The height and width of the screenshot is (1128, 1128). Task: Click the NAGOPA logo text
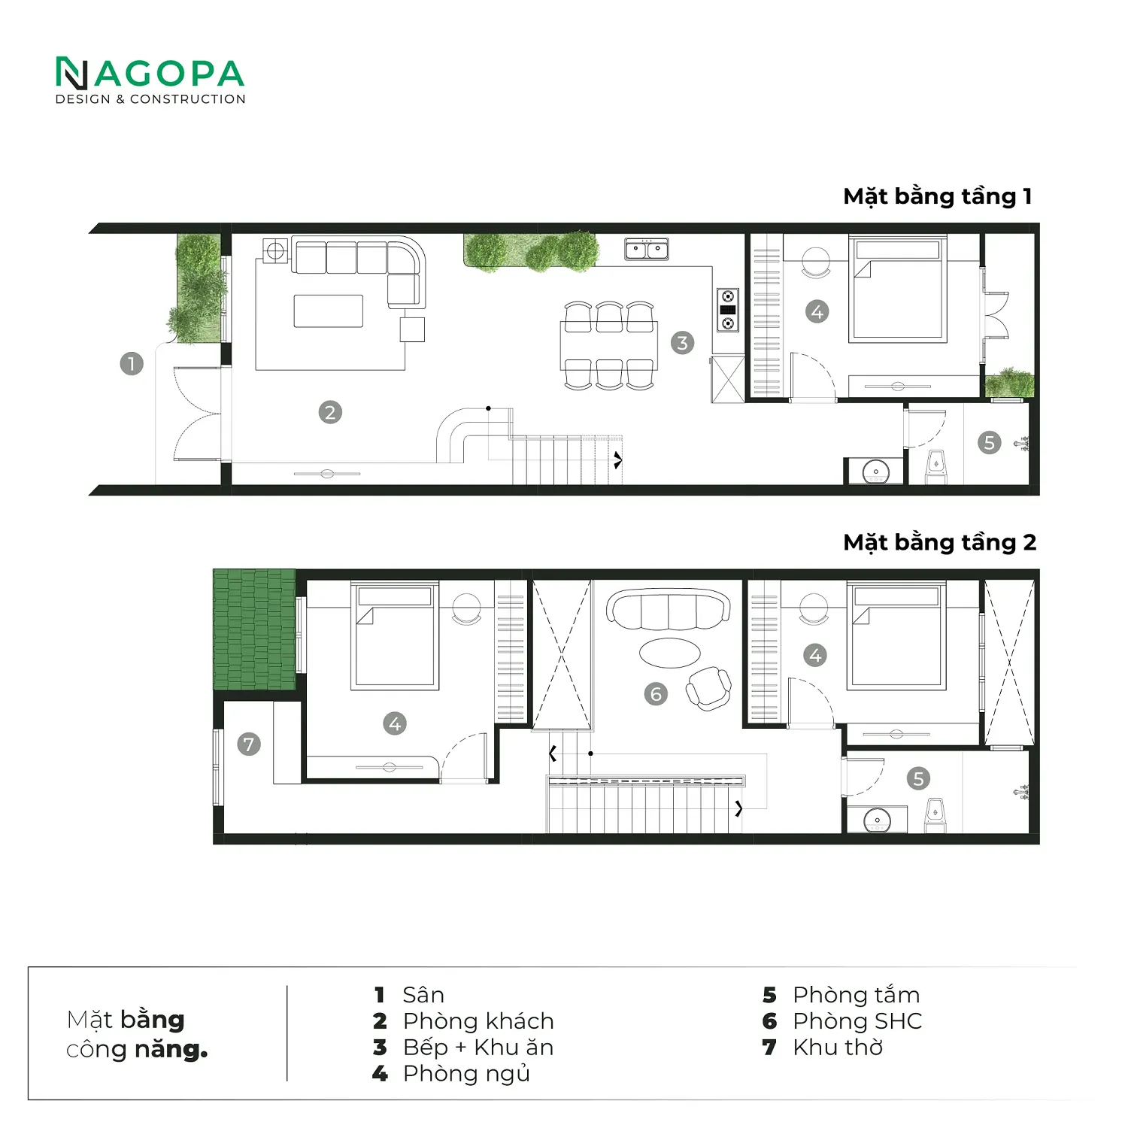coord(150,74)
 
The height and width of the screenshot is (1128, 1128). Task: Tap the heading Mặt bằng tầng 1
coord(938,197)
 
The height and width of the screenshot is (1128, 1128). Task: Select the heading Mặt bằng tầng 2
coord(940,543)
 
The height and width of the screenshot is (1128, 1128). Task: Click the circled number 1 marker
coord(132,364)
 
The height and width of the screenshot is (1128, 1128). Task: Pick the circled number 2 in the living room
coord(330,412)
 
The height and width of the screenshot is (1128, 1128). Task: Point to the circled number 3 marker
coord(682,343)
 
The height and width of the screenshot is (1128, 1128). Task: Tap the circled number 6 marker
coord(656,693)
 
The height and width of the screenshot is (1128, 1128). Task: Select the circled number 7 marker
coord(249,744)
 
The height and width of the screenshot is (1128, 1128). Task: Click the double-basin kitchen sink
coord(647,249)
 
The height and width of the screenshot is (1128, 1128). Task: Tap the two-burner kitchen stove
coord(727,310)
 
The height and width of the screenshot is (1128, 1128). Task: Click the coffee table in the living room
coord(329,311)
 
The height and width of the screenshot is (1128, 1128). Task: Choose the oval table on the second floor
coord(669,652)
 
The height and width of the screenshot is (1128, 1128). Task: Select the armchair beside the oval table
coord(708,688)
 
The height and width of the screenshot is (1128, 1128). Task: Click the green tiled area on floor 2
coord(255,629)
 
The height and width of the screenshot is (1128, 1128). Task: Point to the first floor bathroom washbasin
coord(876,472)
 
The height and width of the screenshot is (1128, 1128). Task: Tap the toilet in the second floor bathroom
coord(935,816)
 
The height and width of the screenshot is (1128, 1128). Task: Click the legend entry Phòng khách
coord(478,1021)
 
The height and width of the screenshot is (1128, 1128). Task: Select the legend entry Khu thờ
coord(838,1048)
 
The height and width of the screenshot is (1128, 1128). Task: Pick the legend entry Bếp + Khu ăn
coord(478,1048)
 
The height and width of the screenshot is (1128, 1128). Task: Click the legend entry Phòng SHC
coord(857,1021)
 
